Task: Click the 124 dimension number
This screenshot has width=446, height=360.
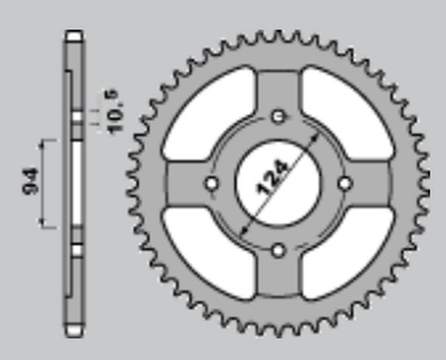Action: [273, 178]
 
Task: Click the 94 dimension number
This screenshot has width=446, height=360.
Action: [31, 181]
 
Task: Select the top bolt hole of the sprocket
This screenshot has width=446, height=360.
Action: [279, 117]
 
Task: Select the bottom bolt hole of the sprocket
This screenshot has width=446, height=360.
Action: [279, 250]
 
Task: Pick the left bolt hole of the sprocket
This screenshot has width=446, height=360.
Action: [212, 183]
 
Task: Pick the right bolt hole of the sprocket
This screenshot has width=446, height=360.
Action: [346, 183]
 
